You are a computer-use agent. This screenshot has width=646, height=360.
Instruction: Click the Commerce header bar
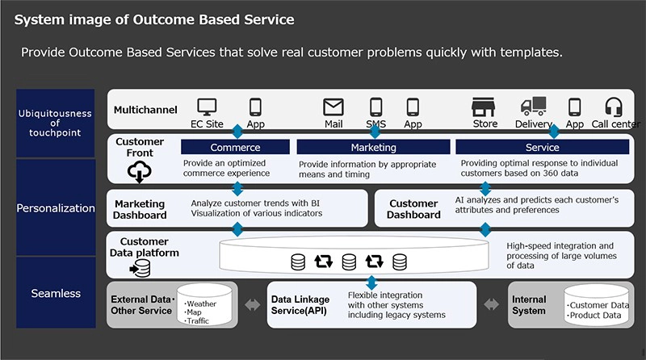click(235, 148)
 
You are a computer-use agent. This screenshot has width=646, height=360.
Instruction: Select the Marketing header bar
click(373, 148)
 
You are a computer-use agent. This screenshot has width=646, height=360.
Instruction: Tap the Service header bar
click(542, 148)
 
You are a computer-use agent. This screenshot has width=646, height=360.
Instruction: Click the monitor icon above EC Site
click(208, 107)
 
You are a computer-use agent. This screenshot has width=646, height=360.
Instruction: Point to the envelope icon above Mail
click(333, 107)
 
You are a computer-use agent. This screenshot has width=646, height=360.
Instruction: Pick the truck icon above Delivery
click(533, 107)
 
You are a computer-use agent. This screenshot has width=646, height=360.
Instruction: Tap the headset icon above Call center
click(614, 107)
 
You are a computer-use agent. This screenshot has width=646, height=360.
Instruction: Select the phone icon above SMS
click(375, 107)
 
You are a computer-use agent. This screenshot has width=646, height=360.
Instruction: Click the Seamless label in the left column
click(56, 293)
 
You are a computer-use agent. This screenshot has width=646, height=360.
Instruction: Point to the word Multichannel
click(146, 109)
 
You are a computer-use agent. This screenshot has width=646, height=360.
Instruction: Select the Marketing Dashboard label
click(140, 209)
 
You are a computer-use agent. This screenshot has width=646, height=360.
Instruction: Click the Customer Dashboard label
click(414, 209)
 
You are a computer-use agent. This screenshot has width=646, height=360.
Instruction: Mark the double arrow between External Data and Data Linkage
click(253, 304)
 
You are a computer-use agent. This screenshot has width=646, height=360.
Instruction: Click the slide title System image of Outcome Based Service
click(154, 19)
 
